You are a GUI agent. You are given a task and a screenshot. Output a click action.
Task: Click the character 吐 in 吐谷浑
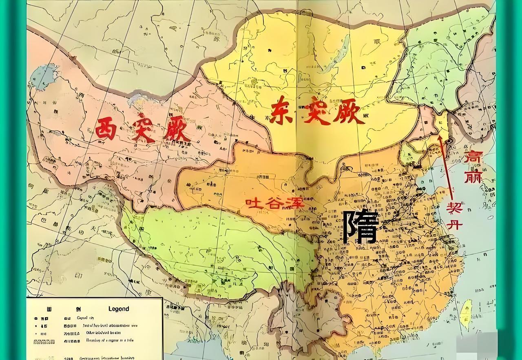click(253, 203)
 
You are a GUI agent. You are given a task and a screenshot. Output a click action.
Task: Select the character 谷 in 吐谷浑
click(275, 203)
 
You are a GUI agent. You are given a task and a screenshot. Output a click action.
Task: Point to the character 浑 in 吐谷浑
click(295, 203)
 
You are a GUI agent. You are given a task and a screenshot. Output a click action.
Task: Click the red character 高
click(473, 157)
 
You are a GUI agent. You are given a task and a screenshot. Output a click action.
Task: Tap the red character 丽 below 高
click(473, 176)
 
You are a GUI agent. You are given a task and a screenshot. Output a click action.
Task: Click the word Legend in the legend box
click(118, 309)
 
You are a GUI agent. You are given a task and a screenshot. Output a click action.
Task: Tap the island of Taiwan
click(467, 313)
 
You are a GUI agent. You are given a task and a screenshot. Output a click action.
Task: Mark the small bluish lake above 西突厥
click(141, 97)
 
